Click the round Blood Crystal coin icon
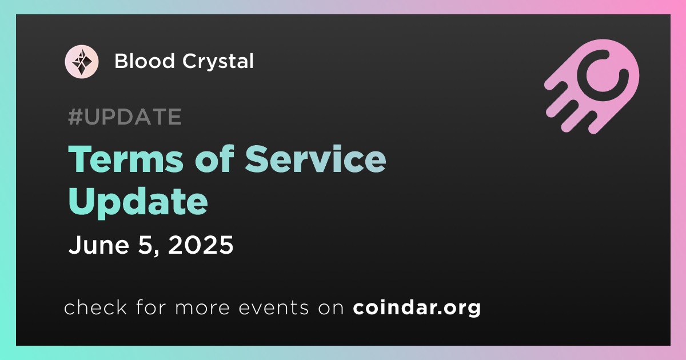point(82,62)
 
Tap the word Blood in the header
point(144,61)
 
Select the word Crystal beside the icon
point(218,61)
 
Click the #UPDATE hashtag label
point(125,117)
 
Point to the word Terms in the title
point(126,159)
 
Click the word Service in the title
point(316,159)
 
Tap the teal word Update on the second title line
point(138,202)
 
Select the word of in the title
point(214,159)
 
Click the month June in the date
point(99,245)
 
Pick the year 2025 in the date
point(201,245)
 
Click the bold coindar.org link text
point(417,307)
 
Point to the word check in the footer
point(95,307)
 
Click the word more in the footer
point(202,308)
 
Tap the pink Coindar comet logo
point(592,86)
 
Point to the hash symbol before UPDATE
point(75,117)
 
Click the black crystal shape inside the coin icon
point(82,62)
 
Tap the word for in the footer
point(151,307)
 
